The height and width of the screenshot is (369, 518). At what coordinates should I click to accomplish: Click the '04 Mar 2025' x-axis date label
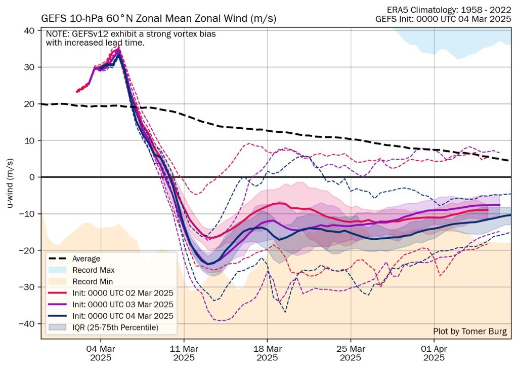click(x=100, y=353)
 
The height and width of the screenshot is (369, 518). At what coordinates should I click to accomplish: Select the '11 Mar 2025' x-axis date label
click(x=184, y=353)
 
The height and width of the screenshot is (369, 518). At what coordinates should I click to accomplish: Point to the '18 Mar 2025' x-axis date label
click(x=267, y=353)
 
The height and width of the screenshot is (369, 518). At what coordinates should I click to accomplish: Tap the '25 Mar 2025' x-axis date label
click(x=351, y=353)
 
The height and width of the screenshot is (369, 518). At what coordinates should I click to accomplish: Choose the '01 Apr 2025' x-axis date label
click(x=434, y=353)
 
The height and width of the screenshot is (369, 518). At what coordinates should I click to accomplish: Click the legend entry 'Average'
click(x=87, y=259)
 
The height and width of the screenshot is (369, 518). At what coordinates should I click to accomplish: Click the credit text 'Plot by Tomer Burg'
click(x=469, y=331)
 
